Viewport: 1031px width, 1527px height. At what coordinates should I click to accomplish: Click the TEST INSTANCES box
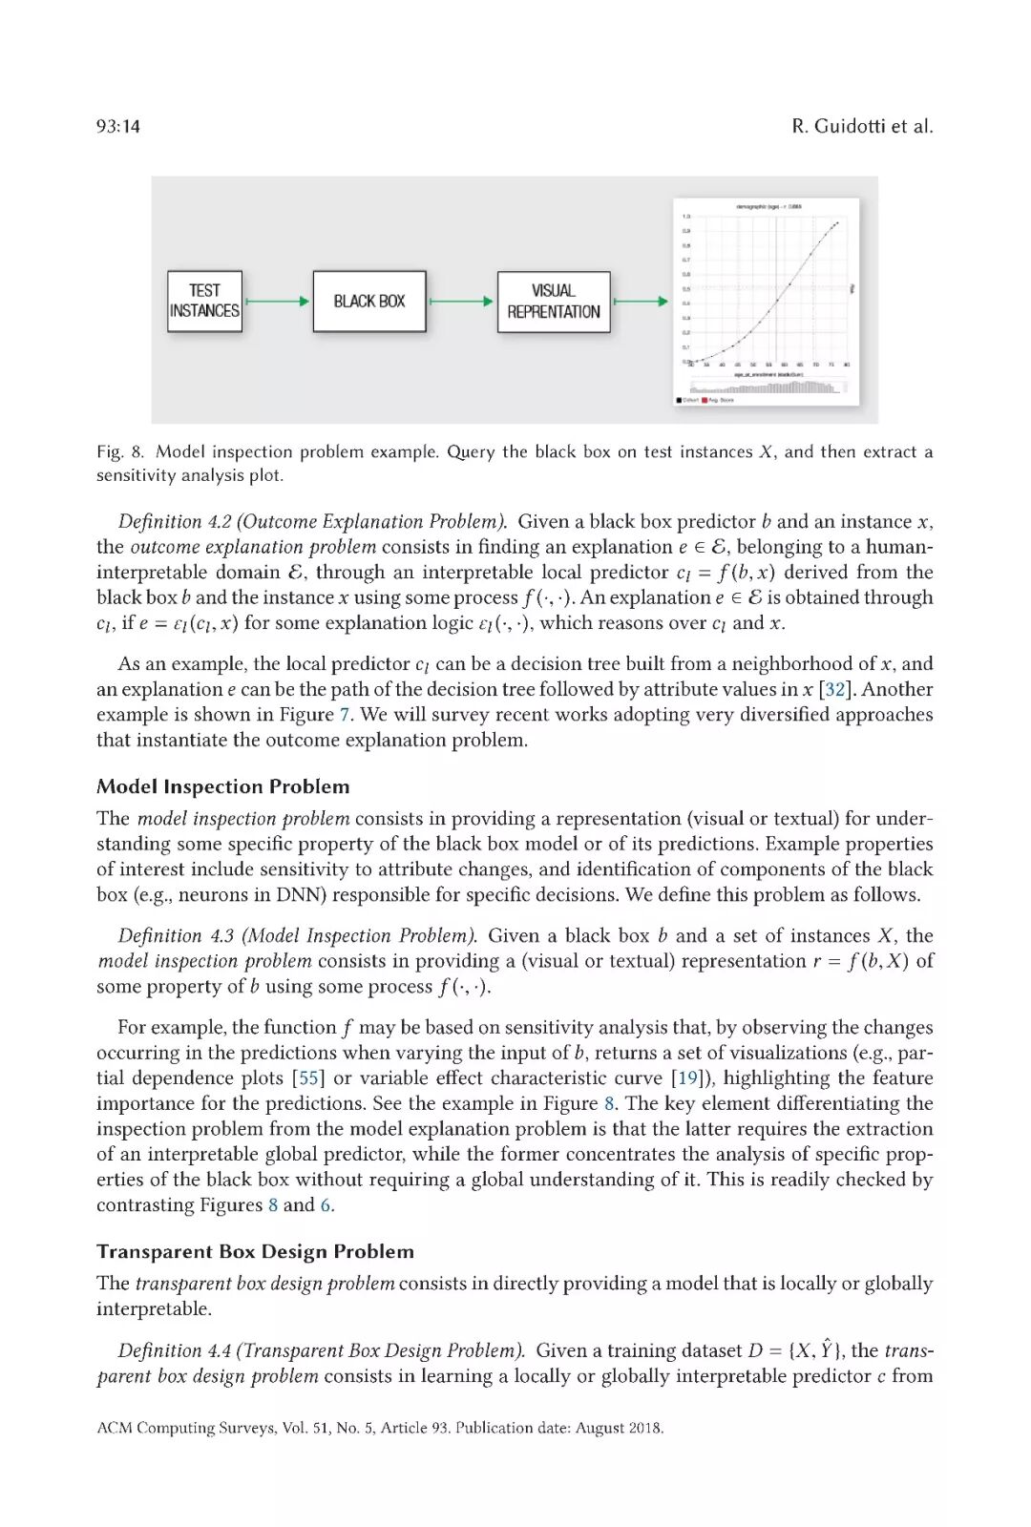click(x=204, y=302)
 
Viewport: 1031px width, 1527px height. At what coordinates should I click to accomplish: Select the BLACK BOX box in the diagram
click(x=368, y=302)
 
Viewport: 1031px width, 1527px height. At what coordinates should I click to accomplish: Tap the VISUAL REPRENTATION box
click(x=554, y=302)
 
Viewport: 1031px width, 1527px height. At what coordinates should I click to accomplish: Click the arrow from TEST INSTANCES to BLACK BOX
click(x=278, y=302)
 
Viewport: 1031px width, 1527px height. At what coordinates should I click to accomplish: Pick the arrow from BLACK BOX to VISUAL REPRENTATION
click(x=462, y=302)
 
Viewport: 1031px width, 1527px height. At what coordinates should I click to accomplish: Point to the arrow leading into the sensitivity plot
click(x=641, y=302)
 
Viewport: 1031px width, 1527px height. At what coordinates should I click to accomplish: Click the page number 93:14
click(x=118, y=126)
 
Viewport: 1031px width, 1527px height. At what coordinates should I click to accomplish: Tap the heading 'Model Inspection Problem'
click(x=222, y=786)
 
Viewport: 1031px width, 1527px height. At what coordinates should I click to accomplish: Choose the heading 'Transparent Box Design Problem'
click(x=255, y=1251)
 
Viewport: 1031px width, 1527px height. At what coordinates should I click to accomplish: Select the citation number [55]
click(x=308, y=1077)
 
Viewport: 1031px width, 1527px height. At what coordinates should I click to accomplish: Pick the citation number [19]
click(x=687, y=1077)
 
